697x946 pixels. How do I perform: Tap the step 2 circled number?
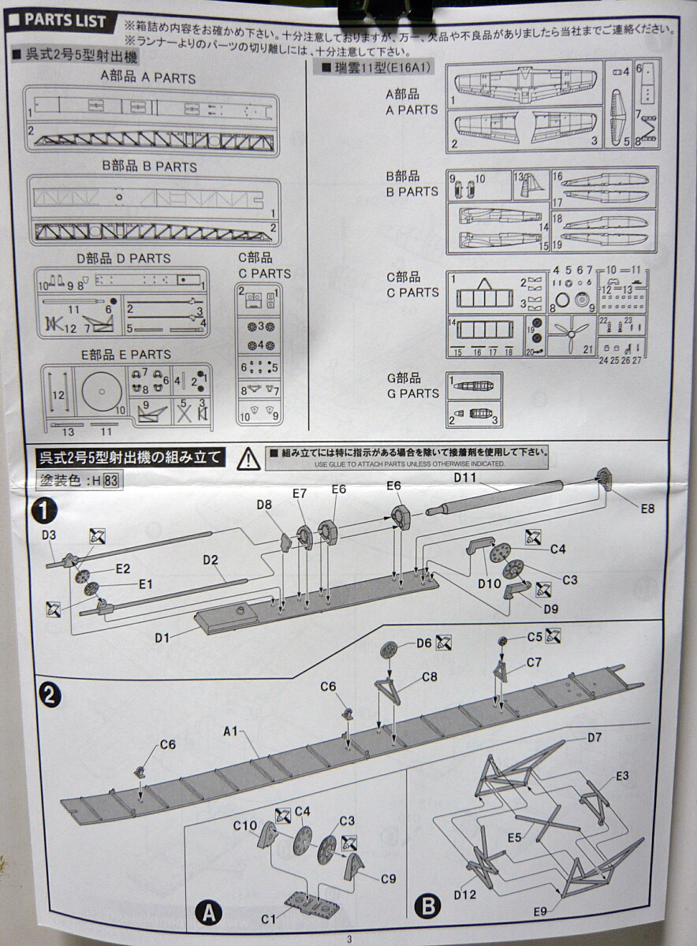point(49,695)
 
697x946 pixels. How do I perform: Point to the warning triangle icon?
point(248,457)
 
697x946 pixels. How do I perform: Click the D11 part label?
point(466,477)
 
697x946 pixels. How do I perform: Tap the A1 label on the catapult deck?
point(230,732)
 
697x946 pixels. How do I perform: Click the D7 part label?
point(594,738)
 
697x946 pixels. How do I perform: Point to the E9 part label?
point(539,911)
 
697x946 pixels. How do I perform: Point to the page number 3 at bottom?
point(348,938)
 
